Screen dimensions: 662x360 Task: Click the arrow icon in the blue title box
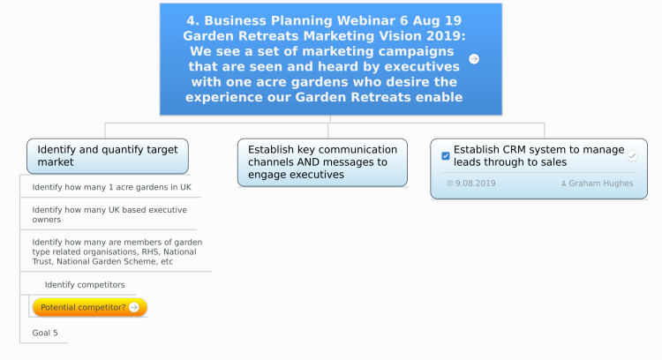point(474,59)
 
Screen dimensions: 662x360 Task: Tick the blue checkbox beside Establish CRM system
point(446,155)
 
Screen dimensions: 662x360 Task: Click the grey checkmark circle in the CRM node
point(632,155)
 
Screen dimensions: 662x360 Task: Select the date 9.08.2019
point(476,184)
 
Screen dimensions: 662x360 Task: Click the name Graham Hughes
point(601,184)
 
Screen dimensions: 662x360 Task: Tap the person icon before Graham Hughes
point(563,184)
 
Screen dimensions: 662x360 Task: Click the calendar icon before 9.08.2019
point(450,184)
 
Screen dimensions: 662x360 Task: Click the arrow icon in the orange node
point(134,307)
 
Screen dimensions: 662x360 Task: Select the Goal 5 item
point(45,333)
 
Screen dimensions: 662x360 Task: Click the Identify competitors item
point(85,284)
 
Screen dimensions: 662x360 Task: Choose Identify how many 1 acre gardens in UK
point(111,187)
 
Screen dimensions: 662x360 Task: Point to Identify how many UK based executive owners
point(109,214)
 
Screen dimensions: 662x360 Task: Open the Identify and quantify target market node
point(108,155)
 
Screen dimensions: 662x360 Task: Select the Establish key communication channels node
point(322,162)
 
